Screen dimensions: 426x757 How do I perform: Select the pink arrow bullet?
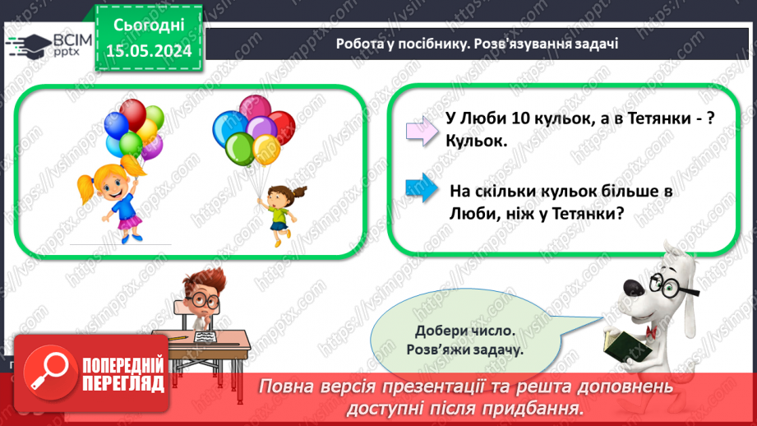[420, 131]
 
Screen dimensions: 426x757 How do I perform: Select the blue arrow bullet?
[420, 188]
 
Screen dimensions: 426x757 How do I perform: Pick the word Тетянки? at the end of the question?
[584, 215]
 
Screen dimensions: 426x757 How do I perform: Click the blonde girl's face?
[109, 178]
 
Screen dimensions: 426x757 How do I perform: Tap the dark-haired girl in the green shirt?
[279, 211]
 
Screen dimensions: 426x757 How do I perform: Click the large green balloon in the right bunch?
[240, 150]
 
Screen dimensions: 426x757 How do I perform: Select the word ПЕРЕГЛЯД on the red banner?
[123, 383]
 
